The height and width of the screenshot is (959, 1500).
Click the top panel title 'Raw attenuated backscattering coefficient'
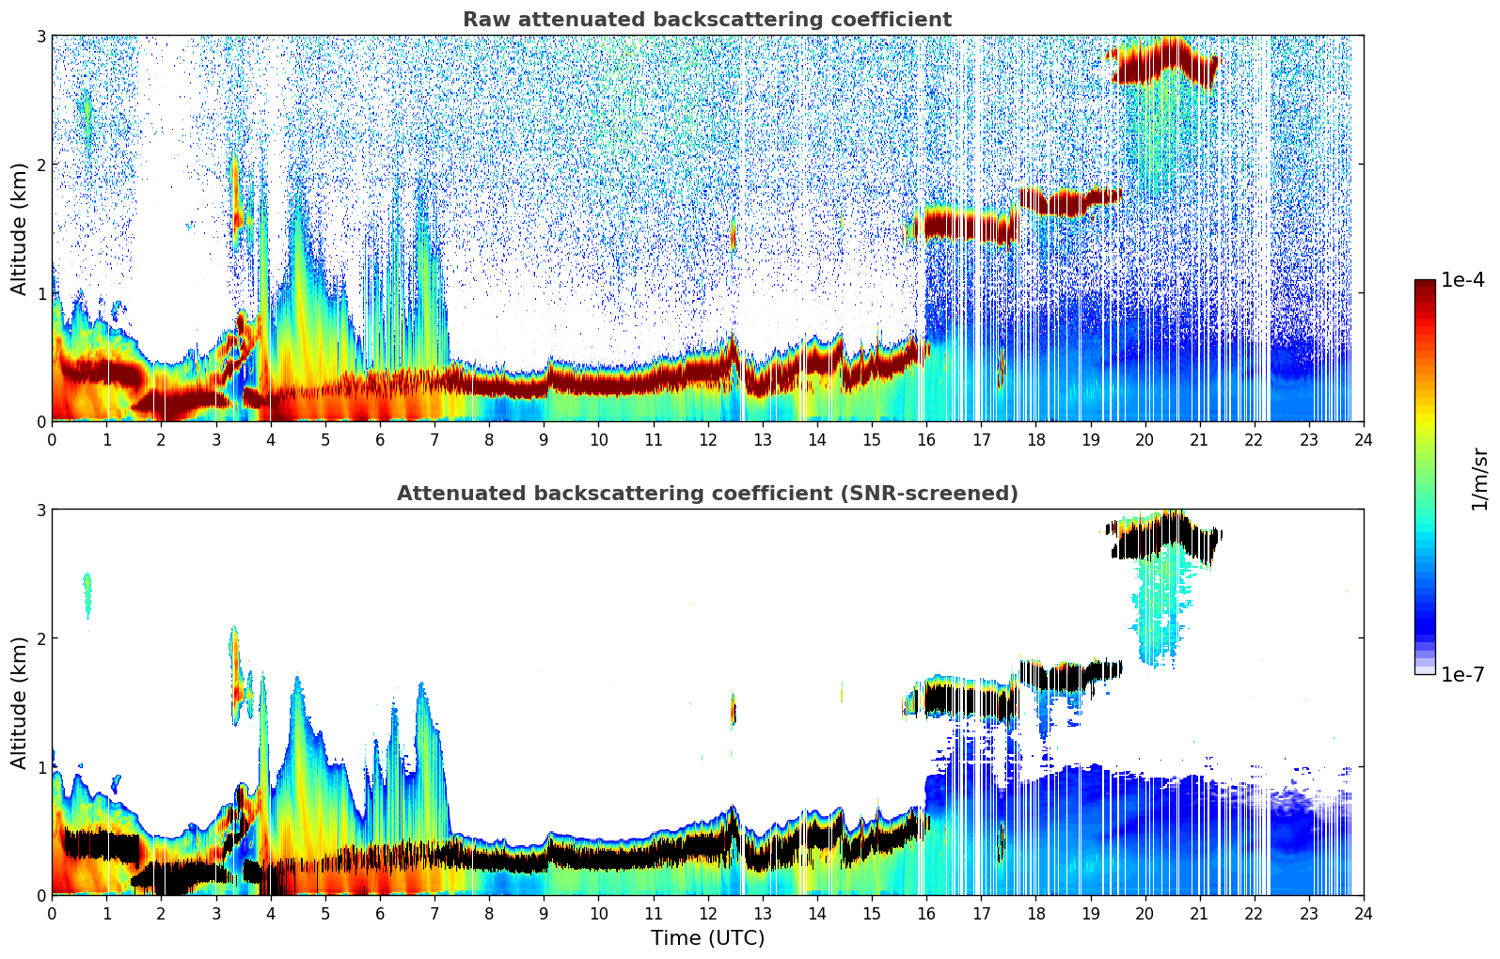706,20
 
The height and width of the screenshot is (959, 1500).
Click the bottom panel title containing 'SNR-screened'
706,494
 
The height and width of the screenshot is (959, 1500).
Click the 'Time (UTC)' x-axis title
707,938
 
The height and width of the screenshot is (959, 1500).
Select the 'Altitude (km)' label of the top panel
20,228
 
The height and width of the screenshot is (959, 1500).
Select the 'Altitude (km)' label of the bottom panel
20,702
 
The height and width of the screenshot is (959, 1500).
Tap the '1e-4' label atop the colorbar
1462,280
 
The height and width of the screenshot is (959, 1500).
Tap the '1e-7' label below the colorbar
1462,674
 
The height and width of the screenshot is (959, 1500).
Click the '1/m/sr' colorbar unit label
1479,479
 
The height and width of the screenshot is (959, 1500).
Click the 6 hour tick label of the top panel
380,439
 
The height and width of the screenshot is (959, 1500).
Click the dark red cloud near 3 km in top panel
1161,61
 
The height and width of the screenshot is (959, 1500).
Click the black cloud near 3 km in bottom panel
1161,538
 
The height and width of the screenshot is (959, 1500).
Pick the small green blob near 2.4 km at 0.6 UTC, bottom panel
87,592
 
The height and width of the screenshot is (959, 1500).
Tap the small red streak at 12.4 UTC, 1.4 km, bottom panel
734,710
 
